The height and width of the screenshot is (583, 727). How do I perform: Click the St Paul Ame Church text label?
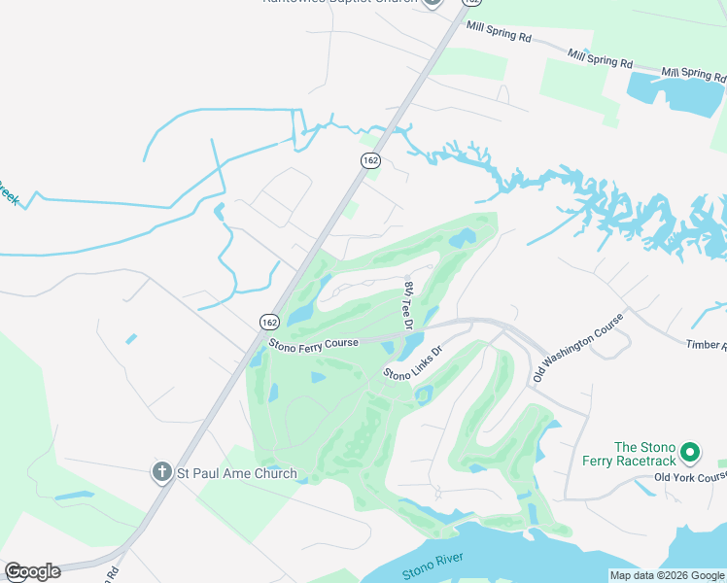click(236, 474)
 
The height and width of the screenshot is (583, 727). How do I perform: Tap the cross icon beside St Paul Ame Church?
click(162, 473)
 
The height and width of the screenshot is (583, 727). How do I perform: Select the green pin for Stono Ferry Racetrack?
click(690, 452)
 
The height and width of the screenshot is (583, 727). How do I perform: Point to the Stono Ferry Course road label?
click(314, 343)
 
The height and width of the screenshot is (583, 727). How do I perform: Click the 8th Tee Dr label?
click(409, 304)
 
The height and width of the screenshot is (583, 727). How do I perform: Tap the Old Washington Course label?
click(577, 346)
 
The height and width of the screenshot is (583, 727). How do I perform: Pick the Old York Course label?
click(690, 477)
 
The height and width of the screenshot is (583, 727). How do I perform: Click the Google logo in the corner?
click(32, 571)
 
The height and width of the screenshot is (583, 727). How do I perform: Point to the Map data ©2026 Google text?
click(667, 575)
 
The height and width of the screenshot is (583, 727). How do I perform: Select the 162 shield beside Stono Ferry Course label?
click(270, 321)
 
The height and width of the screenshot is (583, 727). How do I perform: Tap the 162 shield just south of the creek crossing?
click(369, 160)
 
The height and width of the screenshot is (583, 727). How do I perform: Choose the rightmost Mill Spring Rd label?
click(694, 73)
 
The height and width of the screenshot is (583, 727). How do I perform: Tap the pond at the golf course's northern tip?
click(463, 235)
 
